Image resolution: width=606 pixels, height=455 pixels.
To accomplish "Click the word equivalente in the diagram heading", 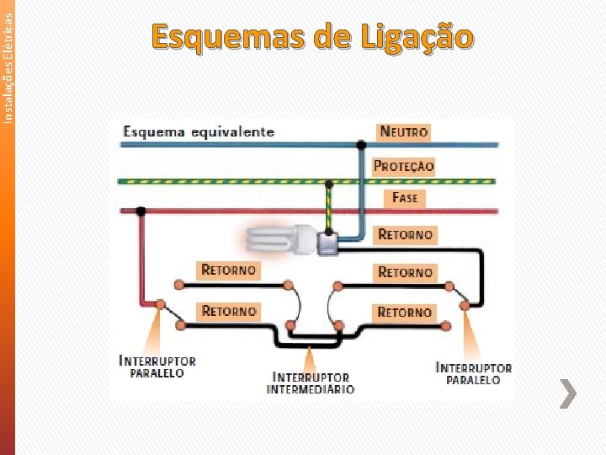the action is coord(231,131).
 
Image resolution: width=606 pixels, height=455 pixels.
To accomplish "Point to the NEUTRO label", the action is coord(404,131).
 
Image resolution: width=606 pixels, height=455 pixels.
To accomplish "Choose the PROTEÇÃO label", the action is coord(404,166).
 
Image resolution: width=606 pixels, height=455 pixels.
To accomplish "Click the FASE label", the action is coord(405,198).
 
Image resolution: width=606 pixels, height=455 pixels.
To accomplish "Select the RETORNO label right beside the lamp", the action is coord(406,234).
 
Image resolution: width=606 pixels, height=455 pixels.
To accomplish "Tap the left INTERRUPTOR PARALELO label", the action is coord(157,367).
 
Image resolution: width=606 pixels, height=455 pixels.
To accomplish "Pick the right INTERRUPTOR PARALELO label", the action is coord(473,373).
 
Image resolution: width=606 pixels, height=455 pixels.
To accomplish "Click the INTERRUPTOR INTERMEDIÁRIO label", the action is coord(311,383).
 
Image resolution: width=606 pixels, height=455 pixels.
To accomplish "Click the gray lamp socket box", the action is coord(327,244).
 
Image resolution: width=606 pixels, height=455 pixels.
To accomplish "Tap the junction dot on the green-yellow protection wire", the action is coord(327,180).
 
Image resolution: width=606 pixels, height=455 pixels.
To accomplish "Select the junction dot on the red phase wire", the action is coord(142,211).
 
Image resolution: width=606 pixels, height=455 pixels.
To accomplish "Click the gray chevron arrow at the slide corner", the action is coord(569,393).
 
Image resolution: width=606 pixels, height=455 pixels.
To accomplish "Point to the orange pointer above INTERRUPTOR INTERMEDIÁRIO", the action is coord(311,356).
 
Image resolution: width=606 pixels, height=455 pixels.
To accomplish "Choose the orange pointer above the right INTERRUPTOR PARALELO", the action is coord(468,337).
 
